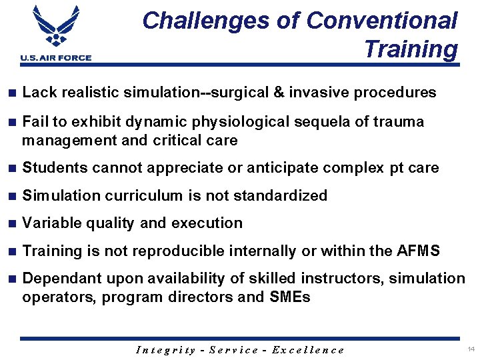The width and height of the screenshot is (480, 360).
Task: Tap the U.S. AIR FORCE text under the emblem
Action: point(56,58)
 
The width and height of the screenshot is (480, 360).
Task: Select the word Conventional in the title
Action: point(382,21)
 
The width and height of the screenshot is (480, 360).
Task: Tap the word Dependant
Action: point(58,279)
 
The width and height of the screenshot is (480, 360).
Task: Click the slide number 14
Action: point(471,349)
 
